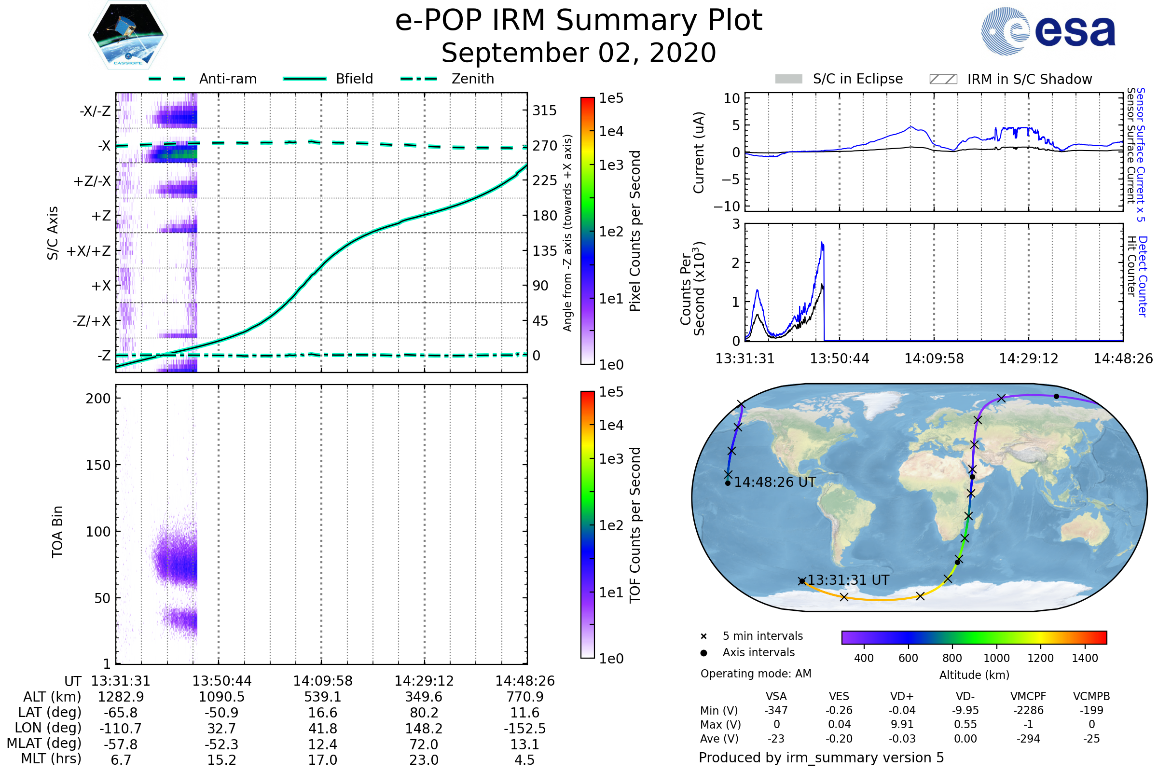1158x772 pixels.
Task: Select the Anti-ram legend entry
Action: [227, 79]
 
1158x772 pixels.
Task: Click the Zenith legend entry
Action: [472, 79]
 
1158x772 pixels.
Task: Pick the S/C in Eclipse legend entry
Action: [857, 79]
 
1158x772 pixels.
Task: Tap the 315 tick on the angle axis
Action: [544, 110]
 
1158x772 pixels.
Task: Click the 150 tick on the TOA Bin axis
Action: [98, 465]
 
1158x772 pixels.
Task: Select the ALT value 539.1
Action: [322, 697]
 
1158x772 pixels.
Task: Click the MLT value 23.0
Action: [424, 759]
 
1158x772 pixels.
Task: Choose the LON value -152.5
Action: [524, 728]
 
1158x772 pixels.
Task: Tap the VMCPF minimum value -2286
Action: [1028, 710]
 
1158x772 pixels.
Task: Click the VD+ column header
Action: [901, 696]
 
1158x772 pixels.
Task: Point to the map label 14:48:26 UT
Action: [774, 482]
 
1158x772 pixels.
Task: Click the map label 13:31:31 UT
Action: [848, 580]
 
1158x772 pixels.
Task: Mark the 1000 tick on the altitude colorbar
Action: [996, 658]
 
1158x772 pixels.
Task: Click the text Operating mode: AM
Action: [755, 674]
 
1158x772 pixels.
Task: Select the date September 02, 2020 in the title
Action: [579, 53]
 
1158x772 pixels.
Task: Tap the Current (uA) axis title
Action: [699, 152]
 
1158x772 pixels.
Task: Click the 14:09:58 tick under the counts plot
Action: [934, 358]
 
